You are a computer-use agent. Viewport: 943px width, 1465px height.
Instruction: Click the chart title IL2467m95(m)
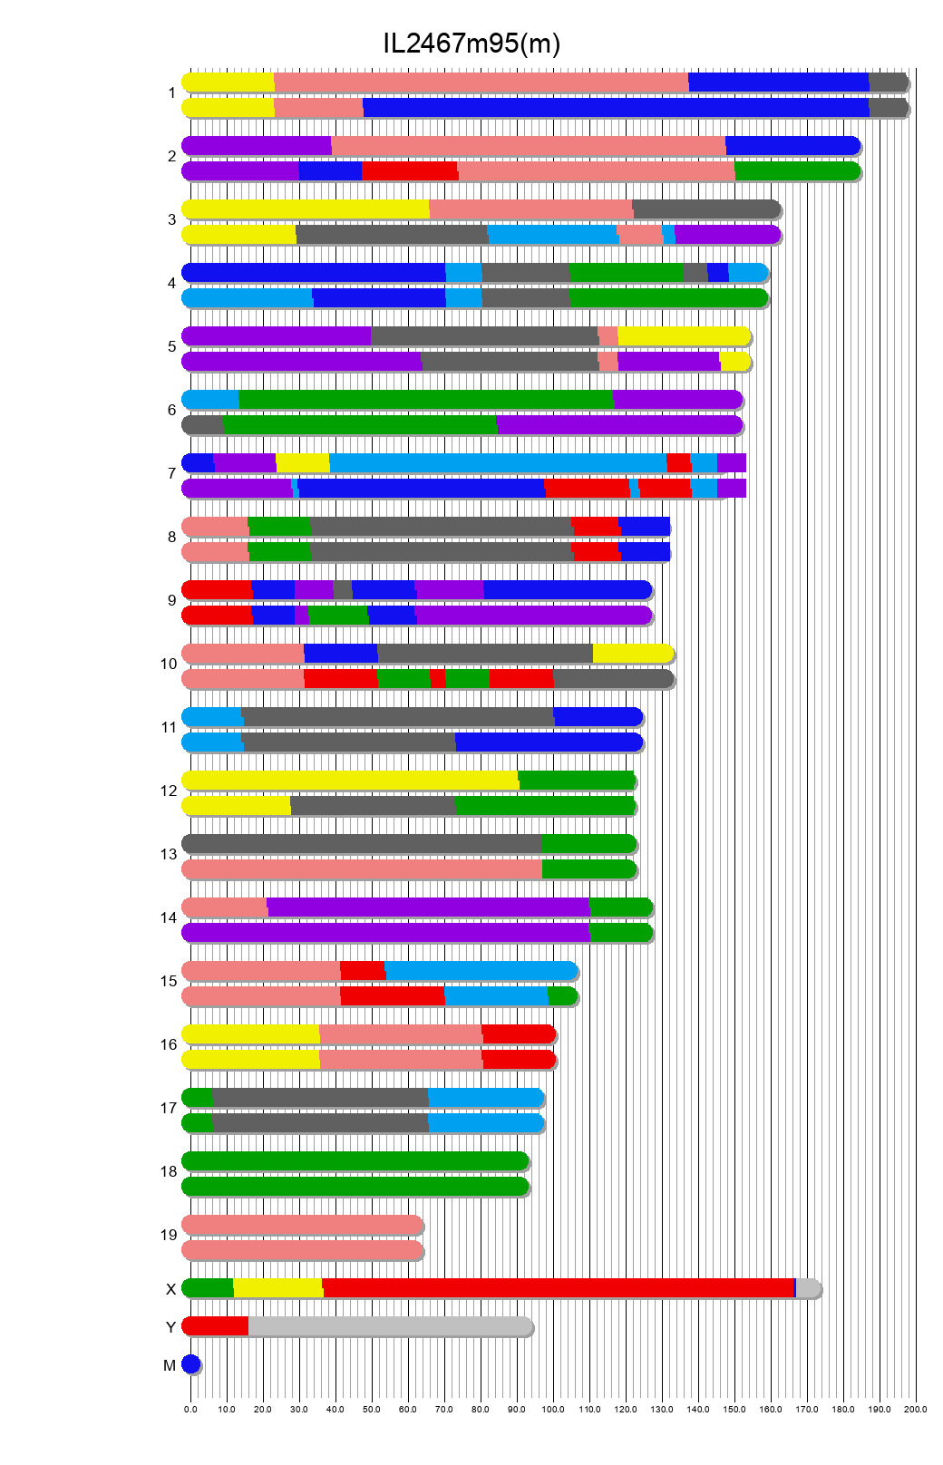pos(471,43)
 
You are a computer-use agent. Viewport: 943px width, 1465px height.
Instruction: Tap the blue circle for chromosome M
pos(190,1364)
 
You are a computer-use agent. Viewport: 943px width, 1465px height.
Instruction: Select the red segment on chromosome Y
pos(216,1326)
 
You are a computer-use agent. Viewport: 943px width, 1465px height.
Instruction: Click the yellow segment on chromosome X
pos(277,1288)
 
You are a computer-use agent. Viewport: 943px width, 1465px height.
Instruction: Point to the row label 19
pos(169,1235)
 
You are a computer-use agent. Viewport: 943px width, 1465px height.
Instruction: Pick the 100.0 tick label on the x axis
pos(553,1410)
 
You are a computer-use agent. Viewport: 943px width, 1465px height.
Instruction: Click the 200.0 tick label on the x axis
pos(916,1410)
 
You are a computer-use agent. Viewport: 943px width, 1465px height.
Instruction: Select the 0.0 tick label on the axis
pos(190,1410)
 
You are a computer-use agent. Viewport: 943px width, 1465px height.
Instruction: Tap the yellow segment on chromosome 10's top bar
pos(632,654)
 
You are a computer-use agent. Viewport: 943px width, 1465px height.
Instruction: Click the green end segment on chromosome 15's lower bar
pos(562,996)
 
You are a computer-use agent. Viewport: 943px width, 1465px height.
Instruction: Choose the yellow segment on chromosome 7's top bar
pos(303,463)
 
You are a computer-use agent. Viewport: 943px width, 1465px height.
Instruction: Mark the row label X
pos(170,1289)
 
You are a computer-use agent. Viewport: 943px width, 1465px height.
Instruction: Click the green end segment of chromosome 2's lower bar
pos(796,171)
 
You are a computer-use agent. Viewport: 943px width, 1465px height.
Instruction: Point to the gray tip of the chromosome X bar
pos(808,1288)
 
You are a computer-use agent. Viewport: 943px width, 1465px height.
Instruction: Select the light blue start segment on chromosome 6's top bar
pos(210,400)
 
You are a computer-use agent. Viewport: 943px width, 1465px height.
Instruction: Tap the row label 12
pos(169,791)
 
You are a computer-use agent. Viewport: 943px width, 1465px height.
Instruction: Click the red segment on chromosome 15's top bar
pos(362,971)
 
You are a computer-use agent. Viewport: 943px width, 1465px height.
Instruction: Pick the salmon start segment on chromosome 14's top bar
pos(225,907)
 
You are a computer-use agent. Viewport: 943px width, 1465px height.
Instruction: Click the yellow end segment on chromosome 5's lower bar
pos(735,362)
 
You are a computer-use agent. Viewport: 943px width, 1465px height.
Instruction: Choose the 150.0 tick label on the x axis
pos(734,1410)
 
